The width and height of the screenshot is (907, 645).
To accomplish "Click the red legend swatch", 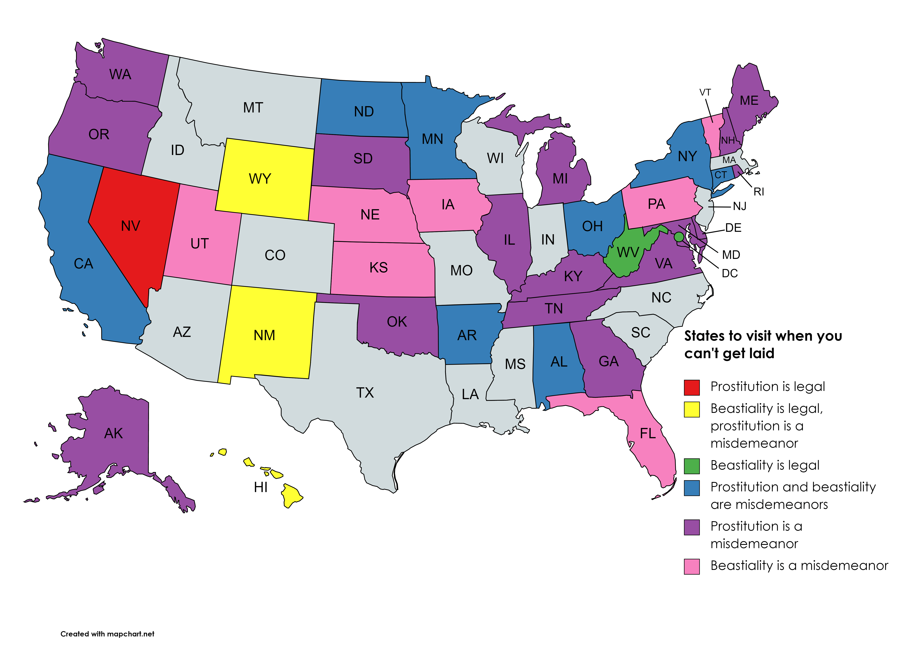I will click(x=692, y=388).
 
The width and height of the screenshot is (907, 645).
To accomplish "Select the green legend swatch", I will click(x=692, y=466).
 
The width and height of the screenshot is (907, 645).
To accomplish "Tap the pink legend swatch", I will click(x=692, y=566).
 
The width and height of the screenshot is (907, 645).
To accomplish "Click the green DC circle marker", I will click(x=679, y=237).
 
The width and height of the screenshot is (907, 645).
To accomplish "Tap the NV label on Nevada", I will click(x=130, y=226).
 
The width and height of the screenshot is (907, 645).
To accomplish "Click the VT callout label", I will click(x=705, y=93).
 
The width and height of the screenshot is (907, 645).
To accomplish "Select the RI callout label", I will click(x=759, y=192).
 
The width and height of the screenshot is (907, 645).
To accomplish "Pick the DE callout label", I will click(x=733, y=228).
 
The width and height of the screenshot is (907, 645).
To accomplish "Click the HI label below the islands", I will click(x=261, y=487).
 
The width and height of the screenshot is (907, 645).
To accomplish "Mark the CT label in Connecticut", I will click(x=721, y=175).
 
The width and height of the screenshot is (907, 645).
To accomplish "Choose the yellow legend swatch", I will click(x=692, y=409).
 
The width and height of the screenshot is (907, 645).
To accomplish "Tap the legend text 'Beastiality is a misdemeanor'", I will click(x=799, y=566).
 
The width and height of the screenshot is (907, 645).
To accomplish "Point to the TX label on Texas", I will click(x=365, y=393).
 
